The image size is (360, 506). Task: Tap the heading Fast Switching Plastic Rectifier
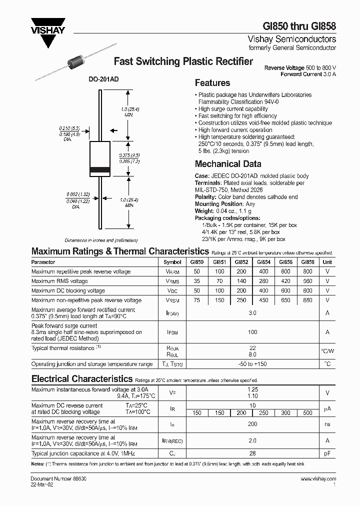point(183,61)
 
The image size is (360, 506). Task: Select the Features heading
point(212,83)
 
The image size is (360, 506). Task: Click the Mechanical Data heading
point(227,164)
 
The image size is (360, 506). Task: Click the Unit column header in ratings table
point(327,262)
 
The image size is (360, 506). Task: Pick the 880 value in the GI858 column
point(307,300)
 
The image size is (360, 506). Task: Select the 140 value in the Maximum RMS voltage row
point(241,281)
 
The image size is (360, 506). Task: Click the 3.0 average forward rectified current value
point(252,313)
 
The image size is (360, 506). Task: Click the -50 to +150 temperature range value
point(252,364)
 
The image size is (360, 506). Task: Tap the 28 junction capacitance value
point(252,453)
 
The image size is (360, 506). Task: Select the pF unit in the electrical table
point(327,453)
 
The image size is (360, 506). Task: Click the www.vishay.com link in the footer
point(318,479)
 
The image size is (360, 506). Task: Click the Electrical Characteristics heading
point(82,378)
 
